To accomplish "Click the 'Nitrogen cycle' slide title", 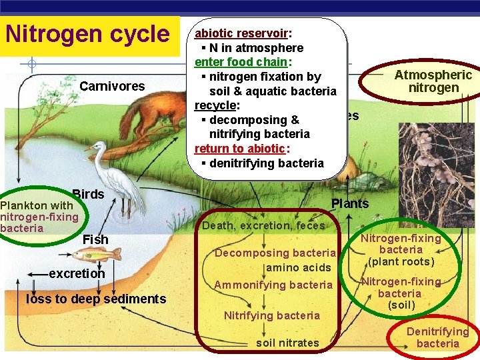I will pos(87,34).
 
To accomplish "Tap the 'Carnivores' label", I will pos(112,86).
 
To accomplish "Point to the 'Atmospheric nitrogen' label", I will pos(433,81).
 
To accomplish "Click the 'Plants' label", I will pos(350,203).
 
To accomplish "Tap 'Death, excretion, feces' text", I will pos(263,226).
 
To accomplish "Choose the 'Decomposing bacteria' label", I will pos(274,253).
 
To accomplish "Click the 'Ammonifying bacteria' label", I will pos(273,285).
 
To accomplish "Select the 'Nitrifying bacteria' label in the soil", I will pos(272,315).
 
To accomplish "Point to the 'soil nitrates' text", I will pos(287,343).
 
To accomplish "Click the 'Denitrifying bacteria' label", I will pos(437,337).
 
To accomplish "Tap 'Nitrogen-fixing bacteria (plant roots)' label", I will pos(401,249).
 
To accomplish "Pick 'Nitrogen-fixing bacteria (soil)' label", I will pos(401,293).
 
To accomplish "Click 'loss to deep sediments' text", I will pos(96,299).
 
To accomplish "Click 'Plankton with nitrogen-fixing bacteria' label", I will pos(39,217).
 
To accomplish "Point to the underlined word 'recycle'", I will pos(217,105).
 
